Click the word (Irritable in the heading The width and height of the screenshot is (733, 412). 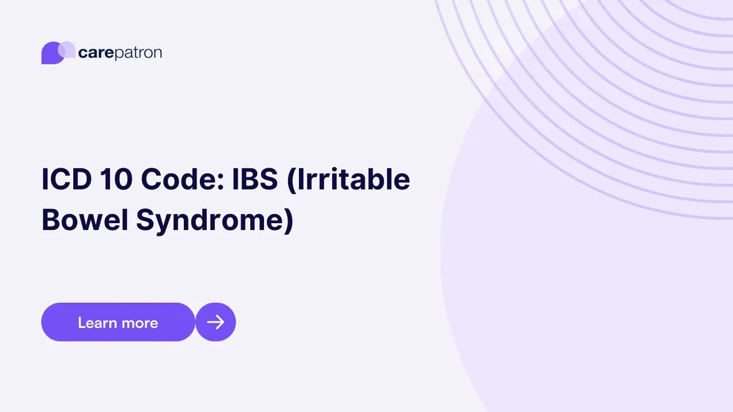tap(349, 180)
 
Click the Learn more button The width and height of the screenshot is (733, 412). tap(118, 322)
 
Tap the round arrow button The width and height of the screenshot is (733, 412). tap(215, 322)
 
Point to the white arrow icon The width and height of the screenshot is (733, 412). tap(215, 322)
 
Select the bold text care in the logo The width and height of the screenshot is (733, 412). tap(96, 53)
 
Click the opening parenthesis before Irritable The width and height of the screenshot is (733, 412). tap(290, 180)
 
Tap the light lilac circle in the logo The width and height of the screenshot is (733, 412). tap(67, 49)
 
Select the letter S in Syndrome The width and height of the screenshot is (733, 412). tap(145, 220)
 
